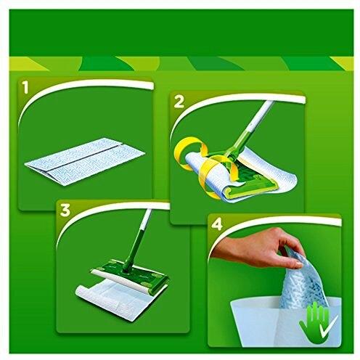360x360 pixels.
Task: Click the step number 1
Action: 26,88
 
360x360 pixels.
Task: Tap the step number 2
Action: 179,102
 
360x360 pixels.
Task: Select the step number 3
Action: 65,210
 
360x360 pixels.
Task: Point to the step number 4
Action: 217,225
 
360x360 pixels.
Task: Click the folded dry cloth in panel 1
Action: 85,161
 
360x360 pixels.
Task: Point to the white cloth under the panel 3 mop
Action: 114,300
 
